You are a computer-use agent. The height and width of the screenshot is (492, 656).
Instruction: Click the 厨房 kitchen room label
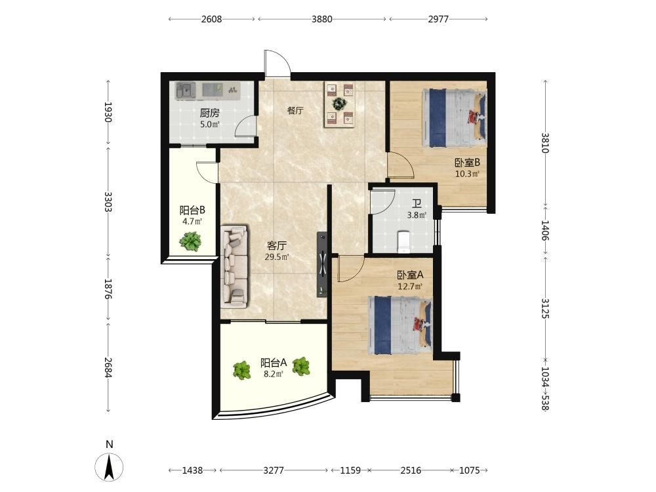pos(210,113)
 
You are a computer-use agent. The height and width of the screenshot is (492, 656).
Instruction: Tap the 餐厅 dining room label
pos(295,110)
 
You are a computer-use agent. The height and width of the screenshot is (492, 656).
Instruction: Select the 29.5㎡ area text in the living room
pos(277,257)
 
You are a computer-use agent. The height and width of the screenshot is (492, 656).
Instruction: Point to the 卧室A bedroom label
pos(411,275)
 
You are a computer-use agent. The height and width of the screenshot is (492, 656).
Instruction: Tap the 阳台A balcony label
pos(274,362)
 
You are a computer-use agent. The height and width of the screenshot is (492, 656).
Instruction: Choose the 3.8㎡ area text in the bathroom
pos(417,215)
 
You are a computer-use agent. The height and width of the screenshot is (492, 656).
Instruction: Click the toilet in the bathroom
pos(404,242)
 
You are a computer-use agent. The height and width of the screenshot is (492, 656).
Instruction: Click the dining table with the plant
pos(339,104)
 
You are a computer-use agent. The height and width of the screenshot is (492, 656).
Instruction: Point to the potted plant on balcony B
pos(190,241)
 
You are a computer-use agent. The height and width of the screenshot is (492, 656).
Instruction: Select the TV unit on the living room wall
pos(321,264)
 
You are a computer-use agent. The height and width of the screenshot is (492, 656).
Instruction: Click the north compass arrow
pos(109,466)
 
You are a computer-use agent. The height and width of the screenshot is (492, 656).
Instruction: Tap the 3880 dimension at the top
pos(321,19)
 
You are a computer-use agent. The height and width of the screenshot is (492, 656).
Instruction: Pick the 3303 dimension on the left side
pos(108,201)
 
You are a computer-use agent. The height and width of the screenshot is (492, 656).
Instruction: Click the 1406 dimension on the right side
pos(545,230)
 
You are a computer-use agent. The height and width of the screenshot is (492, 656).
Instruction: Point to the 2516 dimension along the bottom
pos(411,470)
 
